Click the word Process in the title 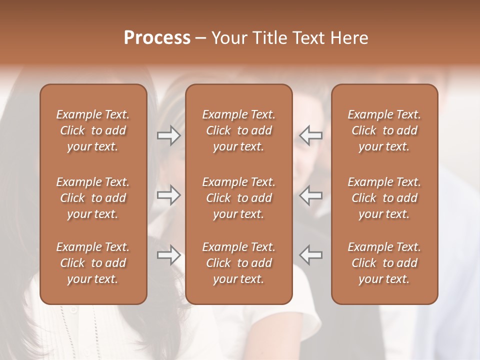pyautogui.click(x=157, y=38)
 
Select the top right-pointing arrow pyautogui.click(x=168, y=135)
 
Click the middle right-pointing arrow pyautogui.click(x=168, y=195)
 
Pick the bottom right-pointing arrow pyautogui.click(x=168, y=255)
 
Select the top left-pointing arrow pyautogui.click(x=311, y=135)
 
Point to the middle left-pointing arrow pyautogui.click(x=311, y=195)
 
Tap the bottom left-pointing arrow pyautogui.click(x=311, y=255)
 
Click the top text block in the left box pyautogui.click(x=93, y=130)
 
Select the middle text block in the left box pyautogui.click(x=93, y=198)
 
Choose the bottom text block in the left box pyautogui.click(x=93, y=263)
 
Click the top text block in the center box pyautogui.click(x=239, y=130)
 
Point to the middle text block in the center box pyautogui.click(x=239, y=198)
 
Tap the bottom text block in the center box pyautogui.click(x=239, y=263)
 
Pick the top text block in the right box pyautogui.click(x=384, y=130)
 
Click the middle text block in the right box pyautogui.click(x=384, y=198)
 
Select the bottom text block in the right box pyautogui.click(x=384, y=263)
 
